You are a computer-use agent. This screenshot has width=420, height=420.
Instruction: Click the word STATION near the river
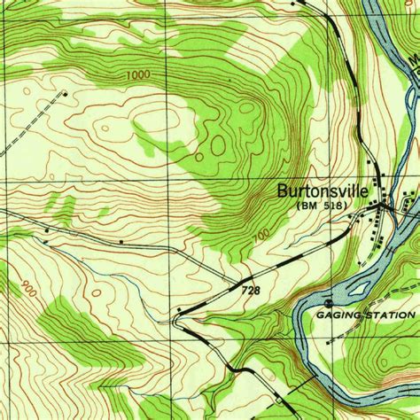[x=388, y=315]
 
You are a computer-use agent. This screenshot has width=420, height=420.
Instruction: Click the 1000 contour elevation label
[x=137, y=76]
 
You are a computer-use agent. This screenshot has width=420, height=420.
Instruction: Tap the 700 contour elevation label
[x=258, y=234]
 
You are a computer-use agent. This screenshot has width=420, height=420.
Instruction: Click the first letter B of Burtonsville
[x=283, y=190]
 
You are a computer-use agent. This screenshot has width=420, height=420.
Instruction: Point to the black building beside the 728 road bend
[x=180, y=309]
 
